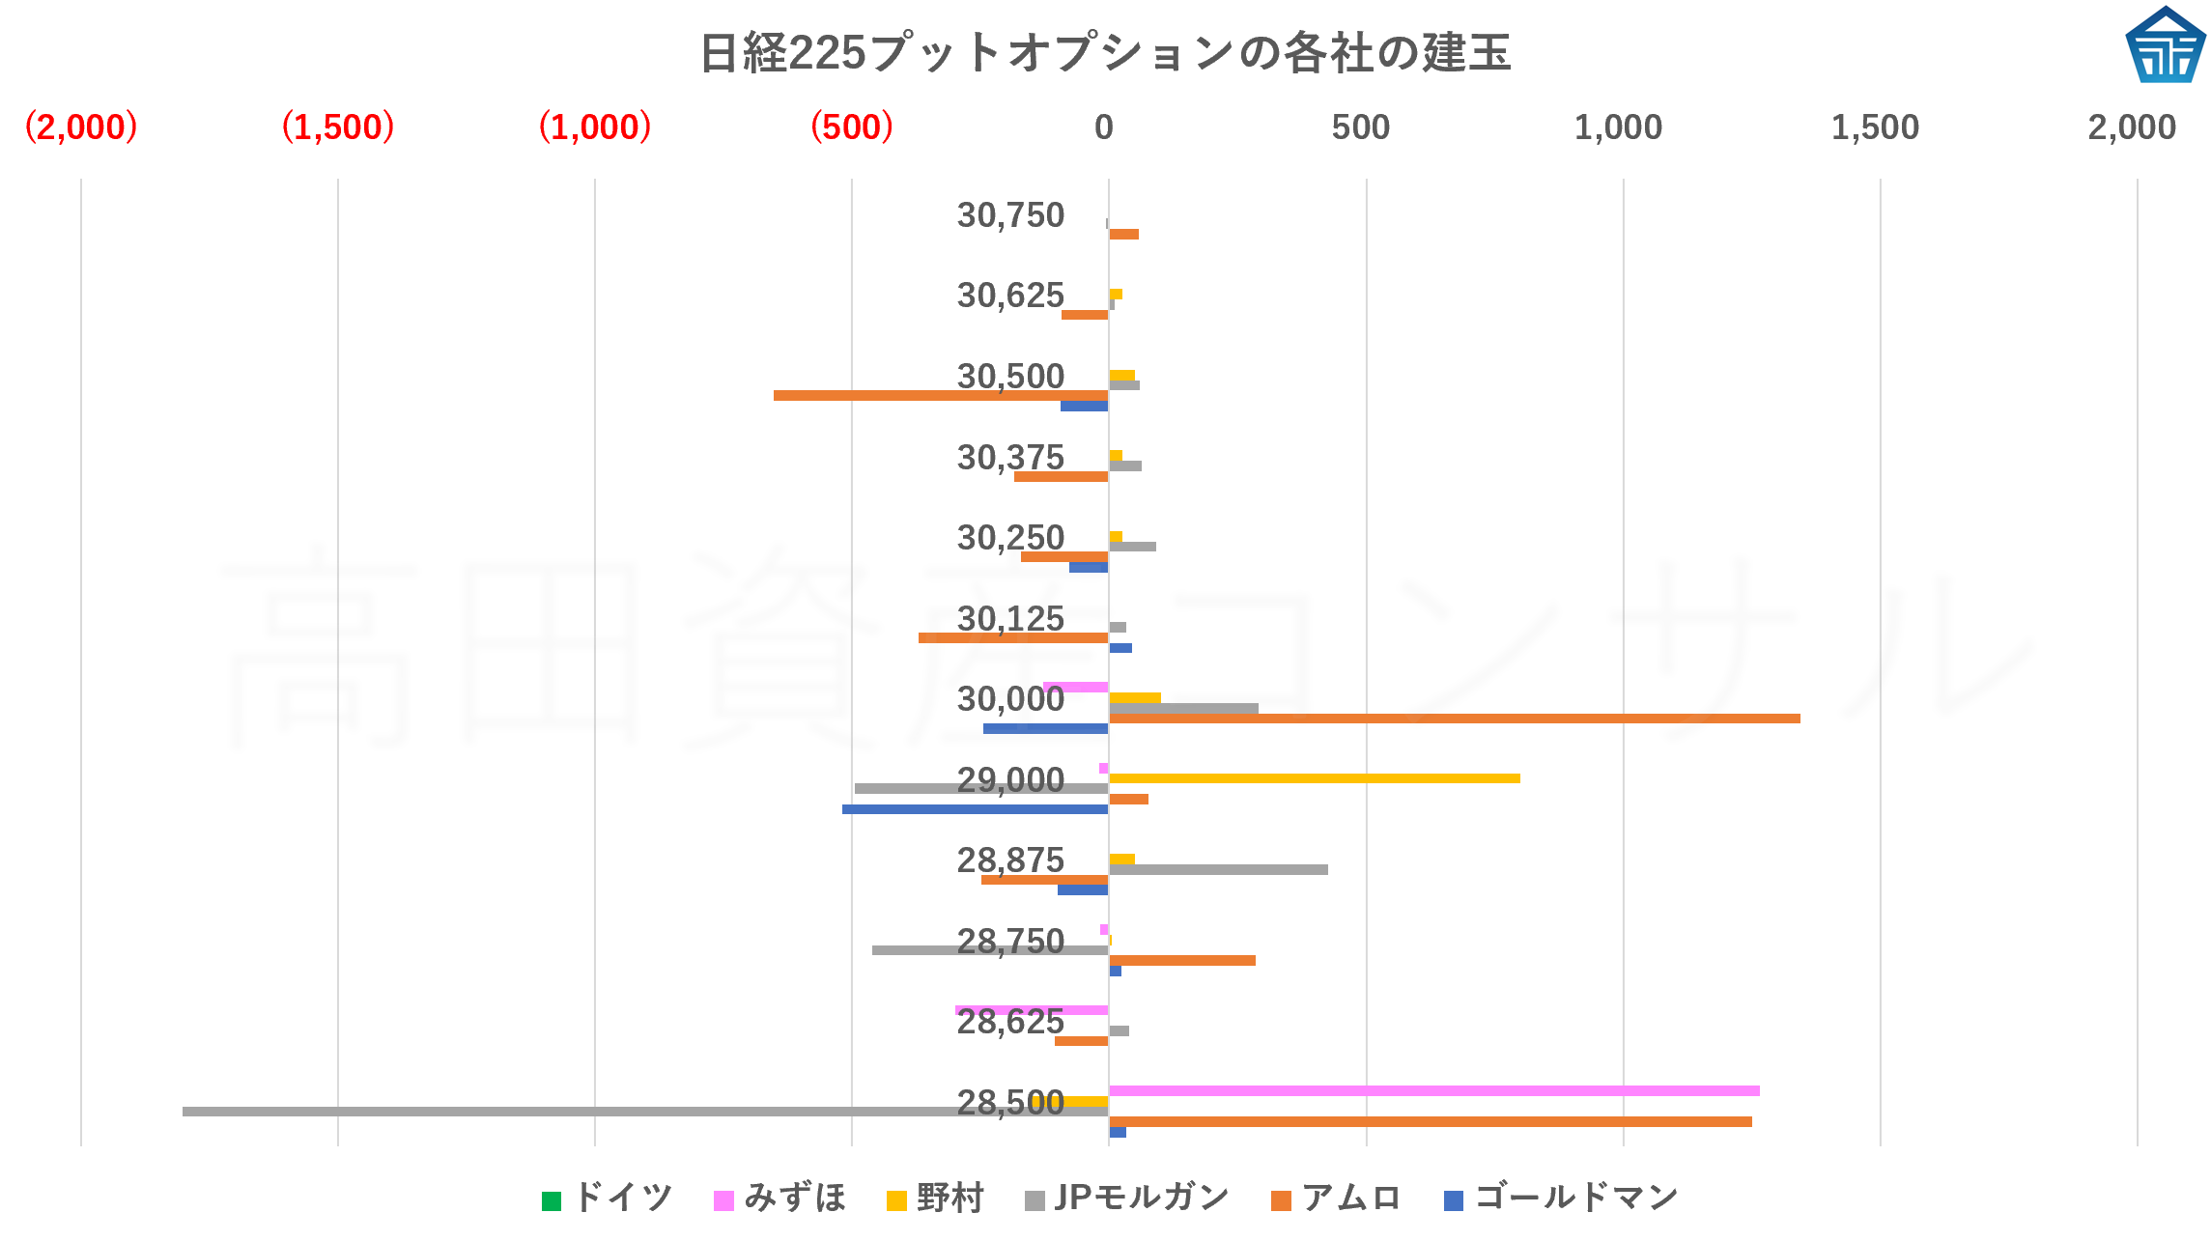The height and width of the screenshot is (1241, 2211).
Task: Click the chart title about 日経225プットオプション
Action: [1105, 52]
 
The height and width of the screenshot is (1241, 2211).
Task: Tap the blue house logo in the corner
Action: [2165, 45]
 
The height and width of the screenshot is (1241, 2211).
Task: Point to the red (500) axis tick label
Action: [851, 127]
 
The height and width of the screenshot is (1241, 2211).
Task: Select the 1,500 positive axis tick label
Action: [1875, 127]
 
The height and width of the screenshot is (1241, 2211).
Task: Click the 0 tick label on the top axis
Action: [1104, 127]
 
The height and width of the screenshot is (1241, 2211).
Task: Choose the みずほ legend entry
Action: [780, 1199]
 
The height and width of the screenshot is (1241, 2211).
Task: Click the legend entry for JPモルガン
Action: [1127, 1199]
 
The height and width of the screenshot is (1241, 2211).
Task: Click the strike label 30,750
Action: [1010, 215]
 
